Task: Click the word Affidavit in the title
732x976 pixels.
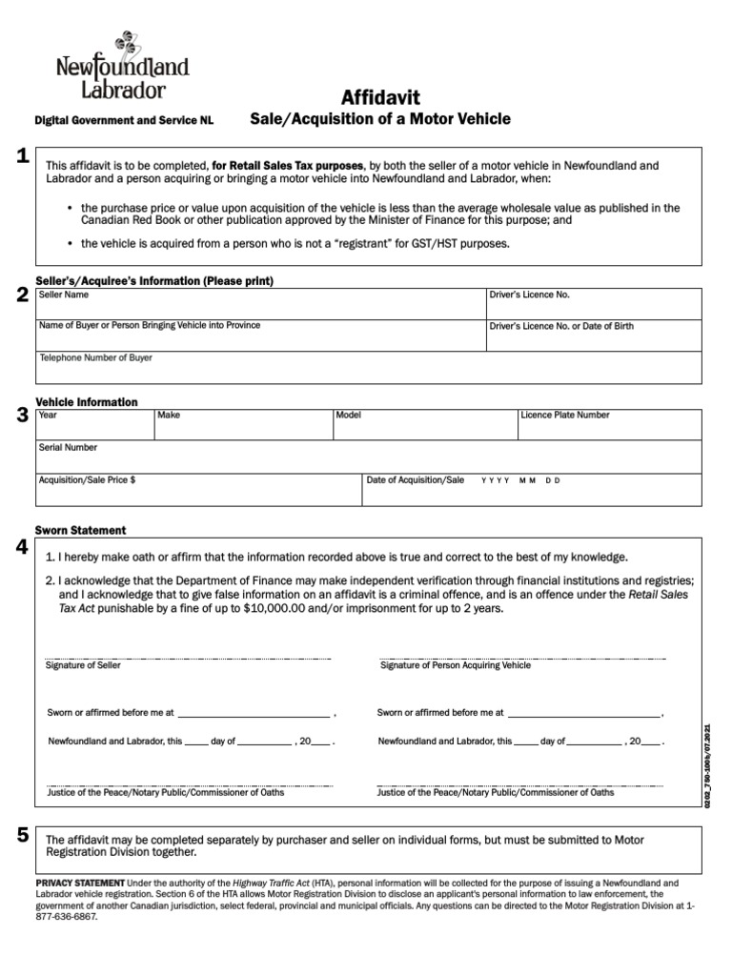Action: (x=380, y=97)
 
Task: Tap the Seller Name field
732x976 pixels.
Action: (x=260, y=302)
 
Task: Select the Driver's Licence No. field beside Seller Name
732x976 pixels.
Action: (x=594, y=302)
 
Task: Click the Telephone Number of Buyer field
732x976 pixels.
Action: (x=369, y=366)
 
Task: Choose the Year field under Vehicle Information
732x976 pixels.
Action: (x=94, y=425)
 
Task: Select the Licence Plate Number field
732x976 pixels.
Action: (x=609, y=425)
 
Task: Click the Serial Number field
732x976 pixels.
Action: (x=369, y=457)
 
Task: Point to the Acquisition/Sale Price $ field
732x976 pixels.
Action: (x=198, y=488)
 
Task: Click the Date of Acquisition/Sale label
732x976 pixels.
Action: (x=416, y=480)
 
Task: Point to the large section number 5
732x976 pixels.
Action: (x=21, y=836)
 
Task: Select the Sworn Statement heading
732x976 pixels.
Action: (x=80, y=530)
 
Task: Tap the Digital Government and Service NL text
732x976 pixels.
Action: (x=124, y=122)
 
